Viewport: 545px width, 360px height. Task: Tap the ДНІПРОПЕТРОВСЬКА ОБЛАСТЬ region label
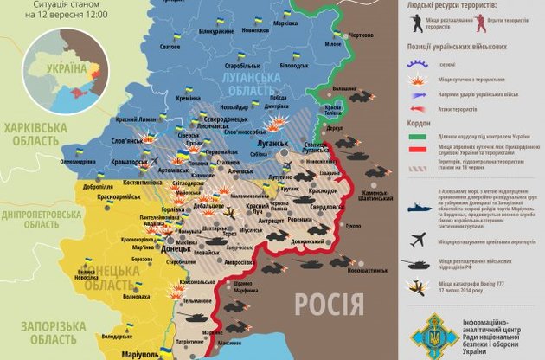pos(48,218)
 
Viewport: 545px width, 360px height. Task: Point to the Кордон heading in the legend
pos(418,124)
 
